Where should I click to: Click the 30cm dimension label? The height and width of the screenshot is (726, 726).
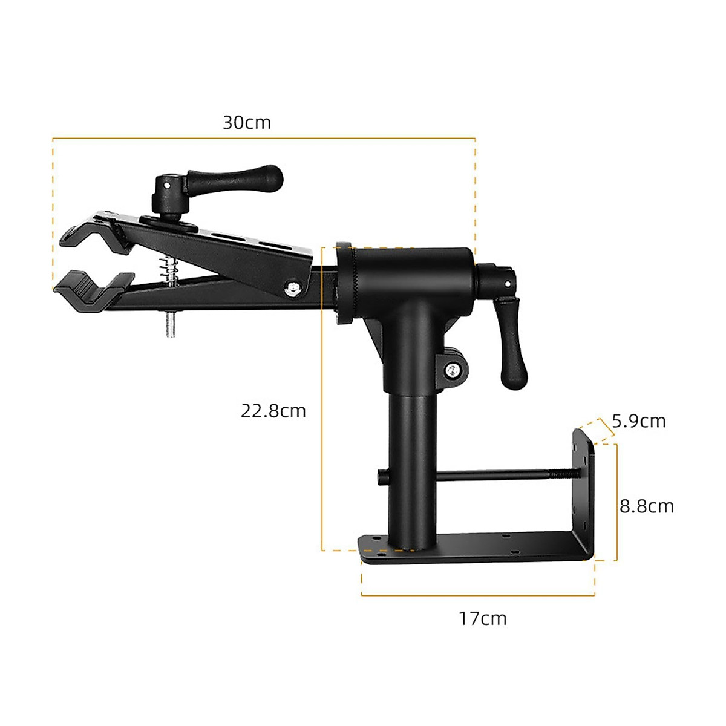tap(247, 122)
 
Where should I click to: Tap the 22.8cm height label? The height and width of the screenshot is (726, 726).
tap(273, 411)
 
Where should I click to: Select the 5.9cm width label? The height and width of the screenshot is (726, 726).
tap(638, 420)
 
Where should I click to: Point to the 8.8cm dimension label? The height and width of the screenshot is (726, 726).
tap(646, 506)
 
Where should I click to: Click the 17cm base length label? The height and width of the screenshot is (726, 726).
tap(482, 618)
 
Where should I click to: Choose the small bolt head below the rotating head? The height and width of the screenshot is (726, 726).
tap(452, 371)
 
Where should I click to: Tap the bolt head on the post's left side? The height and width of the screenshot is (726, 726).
tap(381, 478)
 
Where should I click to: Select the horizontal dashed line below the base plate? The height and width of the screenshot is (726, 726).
tap(478, 595)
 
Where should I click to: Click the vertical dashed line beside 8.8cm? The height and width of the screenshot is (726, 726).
tap(616, 502)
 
